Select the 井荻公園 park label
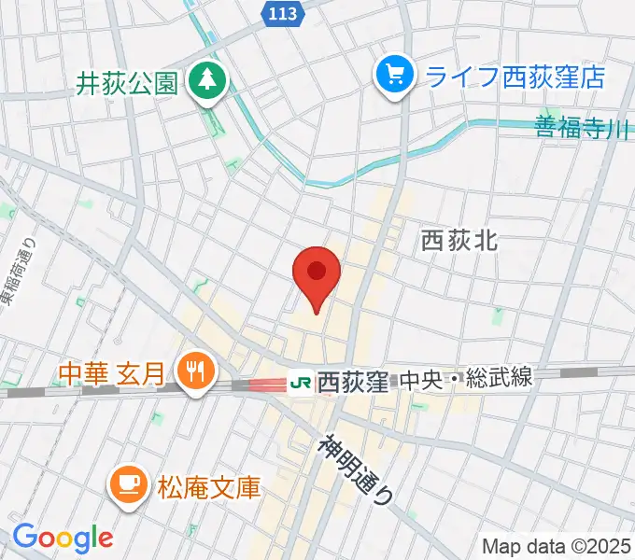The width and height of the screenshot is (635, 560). tap(127, 85)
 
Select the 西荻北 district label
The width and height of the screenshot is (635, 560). tap(459, 240)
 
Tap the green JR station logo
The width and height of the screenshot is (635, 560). tap(301, 382)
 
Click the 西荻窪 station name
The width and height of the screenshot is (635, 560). tap(352, 382)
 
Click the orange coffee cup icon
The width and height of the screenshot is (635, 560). tap(126, 484)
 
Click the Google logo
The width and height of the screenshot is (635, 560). tap(63, 537)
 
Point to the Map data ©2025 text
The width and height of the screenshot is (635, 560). tap(557, 545)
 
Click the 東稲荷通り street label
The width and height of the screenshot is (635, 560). tap(11, 272)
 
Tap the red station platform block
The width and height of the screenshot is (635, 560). tap(268, 384)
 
